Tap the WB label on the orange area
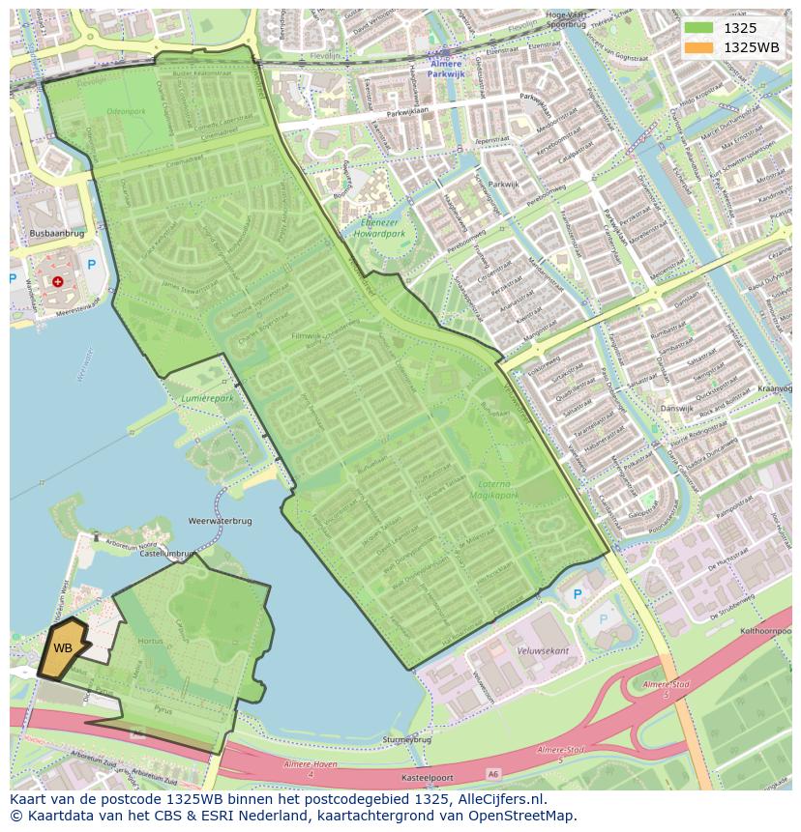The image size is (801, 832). click(63, 648)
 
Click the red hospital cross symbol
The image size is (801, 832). click(58, 281)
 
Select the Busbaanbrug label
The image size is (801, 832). click(57, 234)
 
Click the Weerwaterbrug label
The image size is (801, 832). click(222, 521)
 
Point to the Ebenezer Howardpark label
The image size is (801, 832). click(378, 227)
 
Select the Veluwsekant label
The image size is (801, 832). click(543, 650)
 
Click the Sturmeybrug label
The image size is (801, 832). click(406, 739)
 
